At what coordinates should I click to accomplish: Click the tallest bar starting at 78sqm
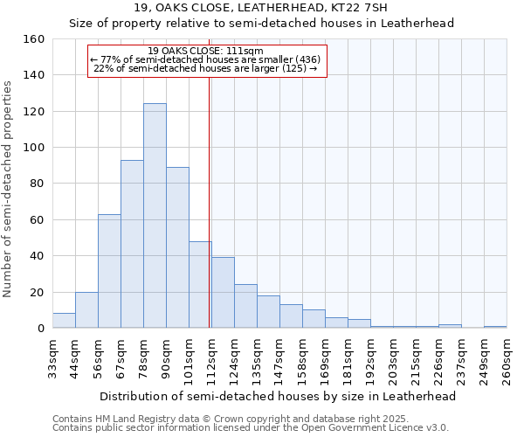(x=155, y=216)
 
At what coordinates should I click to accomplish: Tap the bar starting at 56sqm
(x=109, y=271)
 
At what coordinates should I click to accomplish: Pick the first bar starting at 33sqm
(x=64, y=321)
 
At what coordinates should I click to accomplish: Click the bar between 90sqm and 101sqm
(x=177, y=247)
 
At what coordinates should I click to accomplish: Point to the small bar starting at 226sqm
(x=450, y=326)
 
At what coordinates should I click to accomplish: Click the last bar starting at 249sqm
(x=495, y=327)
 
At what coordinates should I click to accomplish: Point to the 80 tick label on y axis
(x=37, y=184)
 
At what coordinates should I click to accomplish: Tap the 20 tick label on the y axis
(x=37, y=292)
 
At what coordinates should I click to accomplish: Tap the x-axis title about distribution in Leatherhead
(x=279, y=396)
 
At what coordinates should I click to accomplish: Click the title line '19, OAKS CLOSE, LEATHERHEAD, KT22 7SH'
(x=261, y=8)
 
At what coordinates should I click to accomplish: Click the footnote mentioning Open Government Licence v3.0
(x=251, y=427)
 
